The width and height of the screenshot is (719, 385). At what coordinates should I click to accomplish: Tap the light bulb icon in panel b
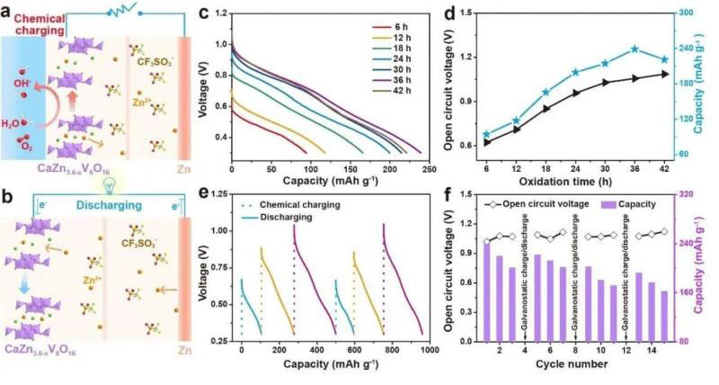point(107,186)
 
